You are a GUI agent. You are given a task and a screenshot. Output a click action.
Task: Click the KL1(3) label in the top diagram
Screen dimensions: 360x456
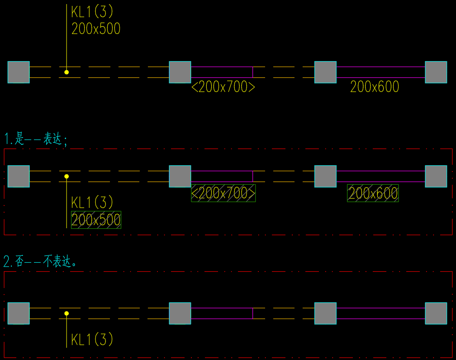92,12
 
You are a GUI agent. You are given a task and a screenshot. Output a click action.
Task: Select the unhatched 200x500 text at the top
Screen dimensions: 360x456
96,29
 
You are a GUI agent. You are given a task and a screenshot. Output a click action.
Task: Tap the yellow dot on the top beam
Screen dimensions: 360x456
66,72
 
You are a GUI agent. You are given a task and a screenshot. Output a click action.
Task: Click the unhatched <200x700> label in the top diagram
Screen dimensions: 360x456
223,87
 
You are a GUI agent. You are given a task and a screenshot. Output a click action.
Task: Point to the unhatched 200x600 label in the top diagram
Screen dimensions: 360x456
375,87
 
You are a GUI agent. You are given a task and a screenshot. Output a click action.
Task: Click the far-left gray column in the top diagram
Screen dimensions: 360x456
19,72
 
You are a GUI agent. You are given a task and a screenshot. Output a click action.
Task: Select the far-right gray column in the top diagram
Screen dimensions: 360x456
436,72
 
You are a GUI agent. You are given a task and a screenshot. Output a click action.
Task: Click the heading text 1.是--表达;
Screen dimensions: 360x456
36,139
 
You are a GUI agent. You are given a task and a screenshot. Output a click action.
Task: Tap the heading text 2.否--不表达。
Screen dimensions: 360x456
40,262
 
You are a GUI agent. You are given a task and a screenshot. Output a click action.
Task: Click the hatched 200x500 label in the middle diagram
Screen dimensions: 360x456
96,220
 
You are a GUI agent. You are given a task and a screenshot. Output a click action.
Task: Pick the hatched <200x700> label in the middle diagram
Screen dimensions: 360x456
223,193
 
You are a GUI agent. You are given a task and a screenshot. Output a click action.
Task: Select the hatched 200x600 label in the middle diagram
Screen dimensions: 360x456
373,193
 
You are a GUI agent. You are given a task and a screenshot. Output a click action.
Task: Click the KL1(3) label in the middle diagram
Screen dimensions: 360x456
92,202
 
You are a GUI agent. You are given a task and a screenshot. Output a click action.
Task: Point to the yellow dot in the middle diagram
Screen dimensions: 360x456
66,176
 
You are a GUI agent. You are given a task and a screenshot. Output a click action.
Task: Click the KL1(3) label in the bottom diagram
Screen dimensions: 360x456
92,339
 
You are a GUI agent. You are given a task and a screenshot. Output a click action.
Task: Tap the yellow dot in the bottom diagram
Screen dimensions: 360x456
66,313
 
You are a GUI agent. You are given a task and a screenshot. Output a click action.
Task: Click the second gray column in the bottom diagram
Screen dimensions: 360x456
180,313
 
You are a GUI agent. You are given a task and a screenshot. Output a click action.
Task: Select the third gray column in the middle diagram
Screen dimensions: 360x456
325,176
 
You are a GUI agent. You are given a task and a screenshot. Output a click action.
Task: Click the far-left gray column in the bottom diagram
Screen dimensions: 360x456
19,313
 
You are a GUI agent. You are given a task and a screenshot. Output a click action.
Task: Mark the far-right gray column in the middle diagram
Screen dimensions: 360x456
436,176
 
